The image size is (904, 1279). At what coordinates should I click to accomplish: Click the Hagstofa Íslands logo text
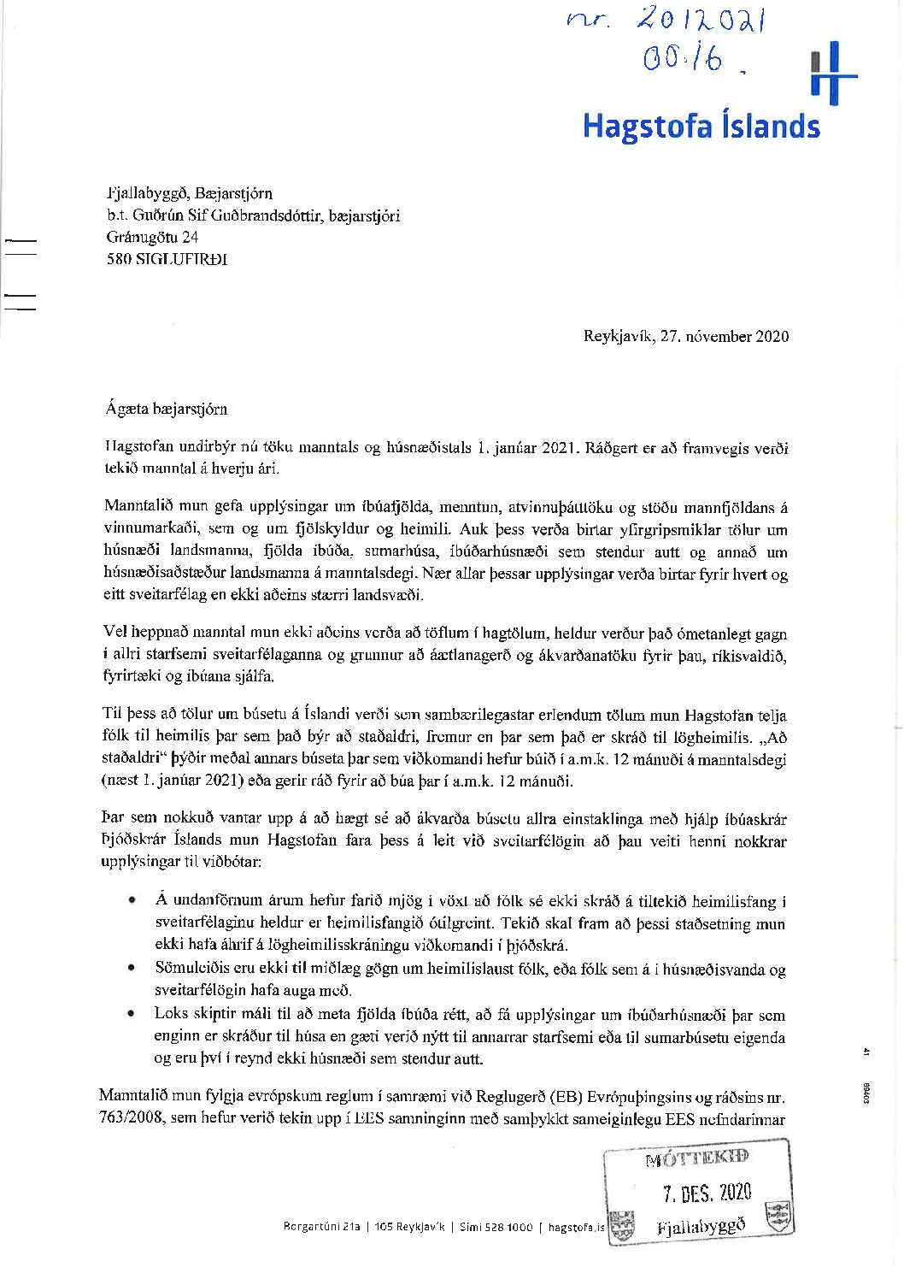(701, 126)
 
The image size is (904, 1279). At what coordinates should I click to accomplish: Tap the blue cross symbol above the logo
(833, 74)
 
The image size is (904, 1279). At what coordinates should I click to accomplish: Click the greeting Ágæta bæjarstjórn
(167, 409)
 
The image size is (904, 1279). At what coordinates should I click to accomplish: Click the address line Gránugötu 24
(152, 237)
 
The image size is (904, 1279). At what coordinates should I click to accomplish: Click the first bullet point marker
(132, 901)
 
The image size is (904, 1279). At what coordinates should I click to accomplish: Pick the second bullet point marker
(132, 969)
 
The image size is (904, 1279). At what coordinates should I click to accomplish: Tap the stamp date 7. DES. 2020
(707, 1193)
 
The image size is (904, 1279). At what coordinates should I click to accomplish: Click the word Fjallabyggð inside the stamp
(701, 1226)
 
